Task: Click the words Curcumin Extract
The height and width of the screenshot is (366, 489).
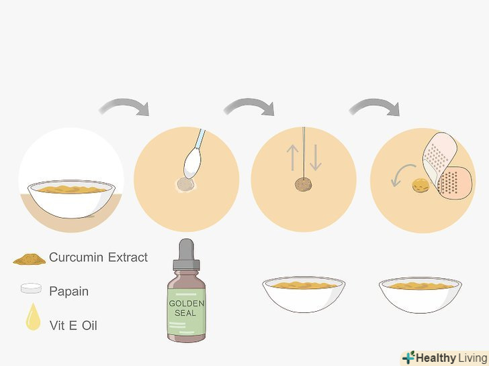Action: pyautogui.click(x=98, y=257)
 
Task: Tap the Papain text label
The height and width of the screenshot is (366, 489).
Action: pyautogui.click(x=69, y=292)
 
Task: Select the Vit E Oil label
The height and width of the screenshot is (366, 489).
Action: pyautogui.click(x=73, y=326)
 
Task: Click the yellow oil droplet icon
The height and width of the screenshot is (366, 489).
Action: pyautogui.click(x=33, y=318)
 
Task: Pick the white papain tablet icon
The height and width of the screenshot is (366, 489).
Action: pyautogui.click(x=31, y=288)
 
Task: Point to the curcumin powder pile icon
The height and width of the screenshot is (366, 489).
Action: pyautogui.click(x=30, y=259)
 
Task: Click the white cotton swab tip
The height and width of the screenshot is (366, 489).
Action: pyautogui.click(x=193, y=163)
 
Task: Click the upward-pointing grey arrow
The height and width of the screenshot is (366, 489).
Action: pyautogui.click(x=293, y=157)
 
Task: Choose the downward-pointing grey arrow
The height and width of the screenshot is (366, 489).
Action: pyautogui.click(x=316, y=157)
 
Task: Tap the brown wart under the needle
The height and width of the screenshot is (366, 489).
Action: pyautogui.click(x=303, y=184)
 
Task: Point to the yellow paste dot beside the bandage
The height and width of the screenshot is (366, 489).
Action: pyautogui.click(x=420, y=186)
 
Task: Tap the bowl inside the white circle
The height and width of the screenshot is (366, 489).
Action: pyautogui.click(x=71, y=198)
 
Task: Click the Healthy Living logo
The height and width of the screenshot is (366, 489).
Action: pyautogui.click(x=445, y=358)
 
